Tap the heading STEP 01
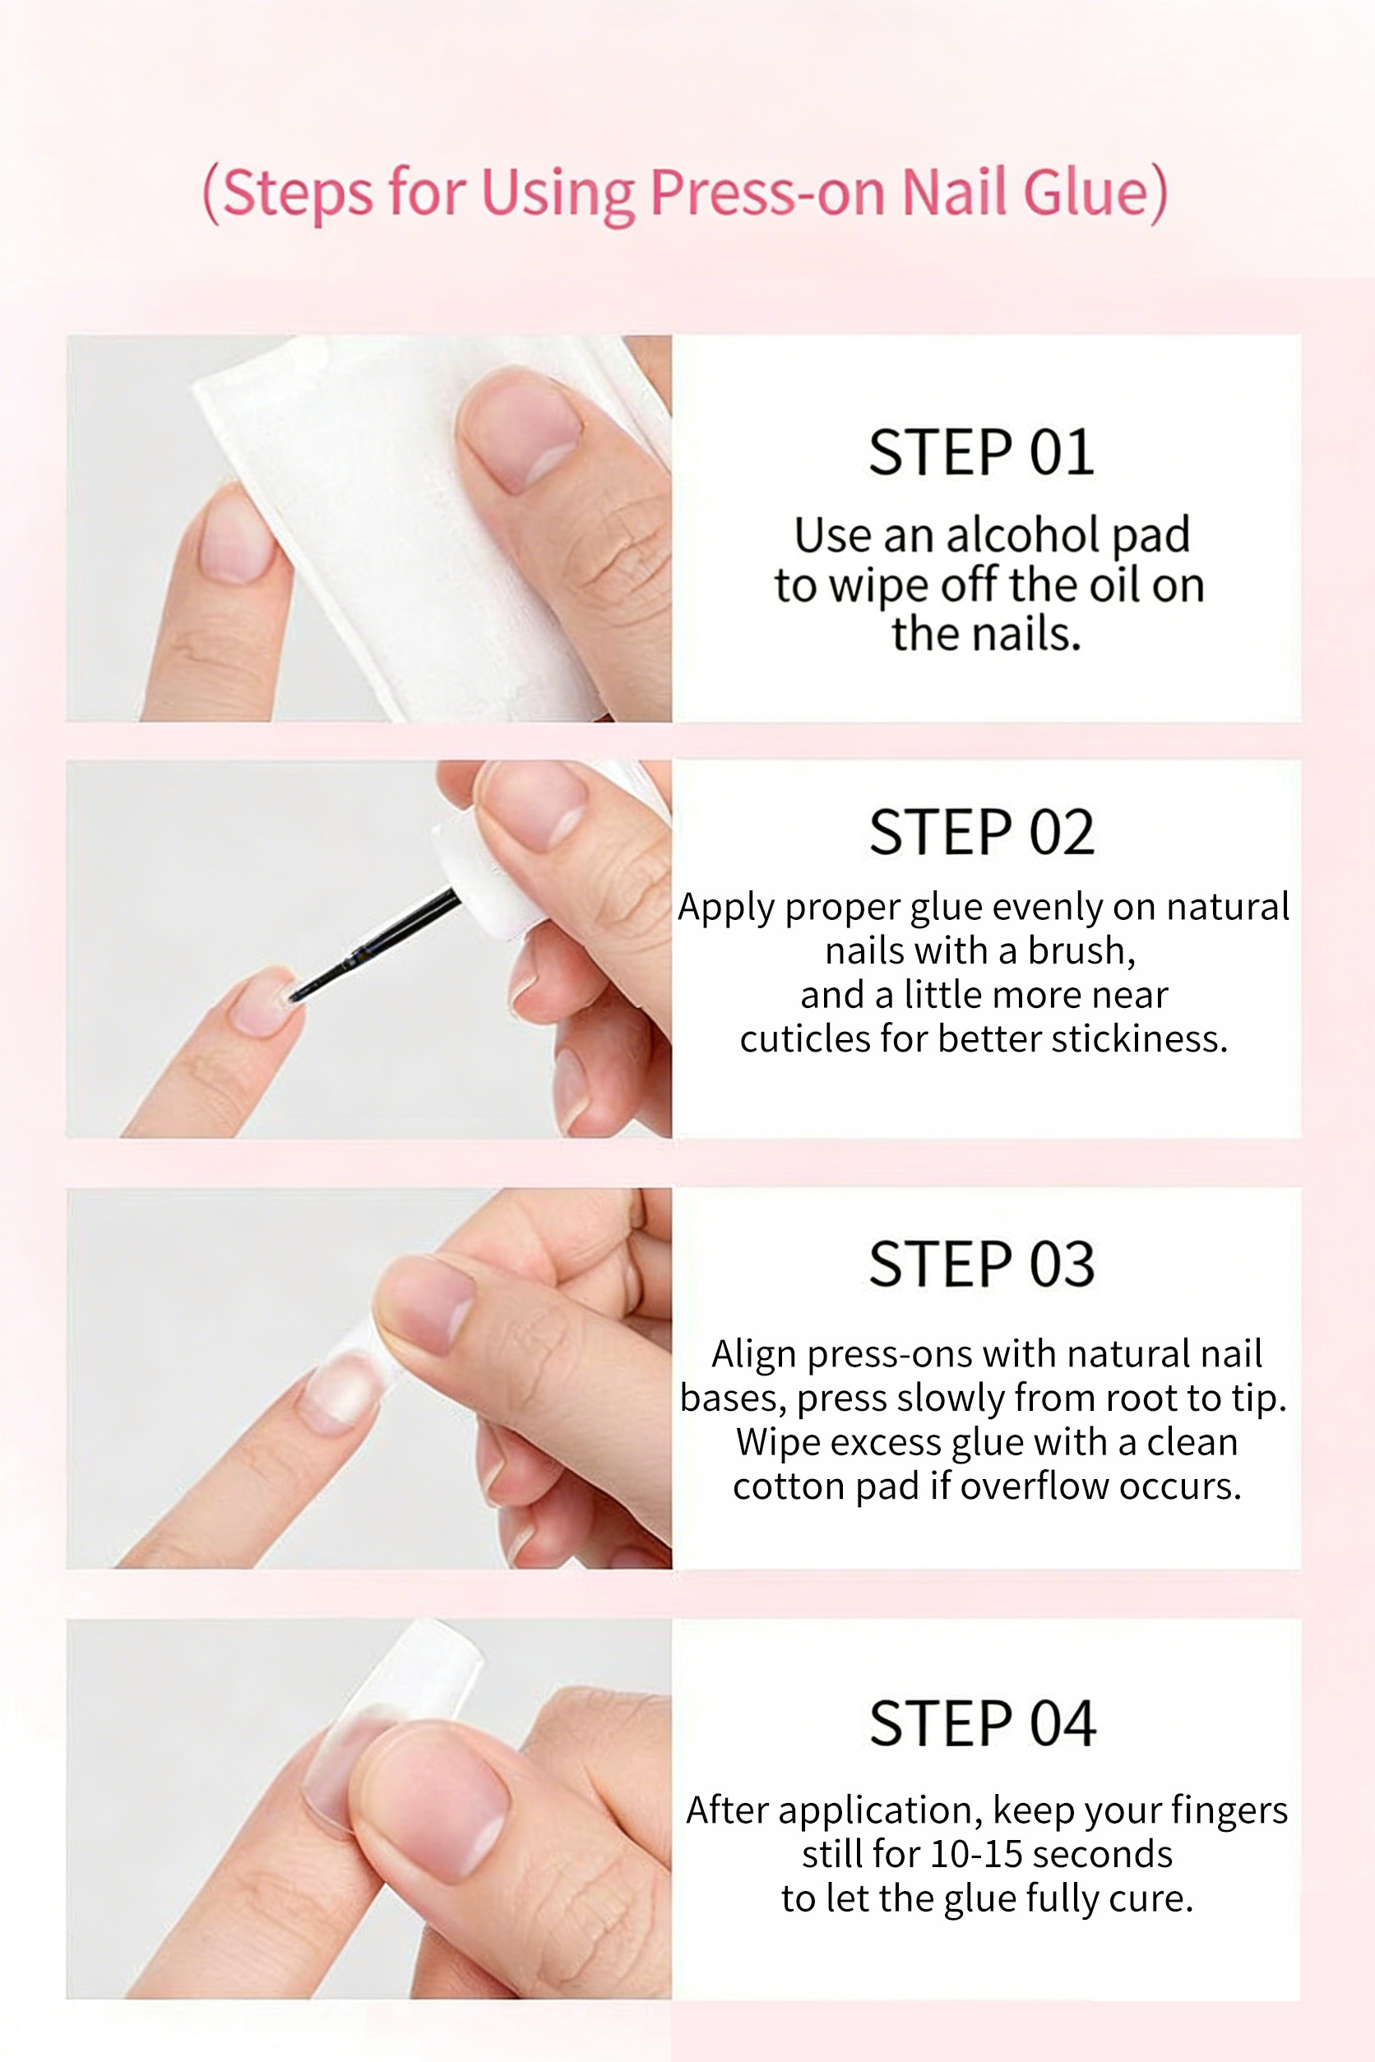tap(981, 453)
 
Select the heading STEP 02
tap(981, 833)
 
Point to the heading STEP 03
tap(981, 1264)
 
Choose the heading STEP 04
tap(982, 1723)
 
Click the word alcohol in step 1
tap(1022, 534)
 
